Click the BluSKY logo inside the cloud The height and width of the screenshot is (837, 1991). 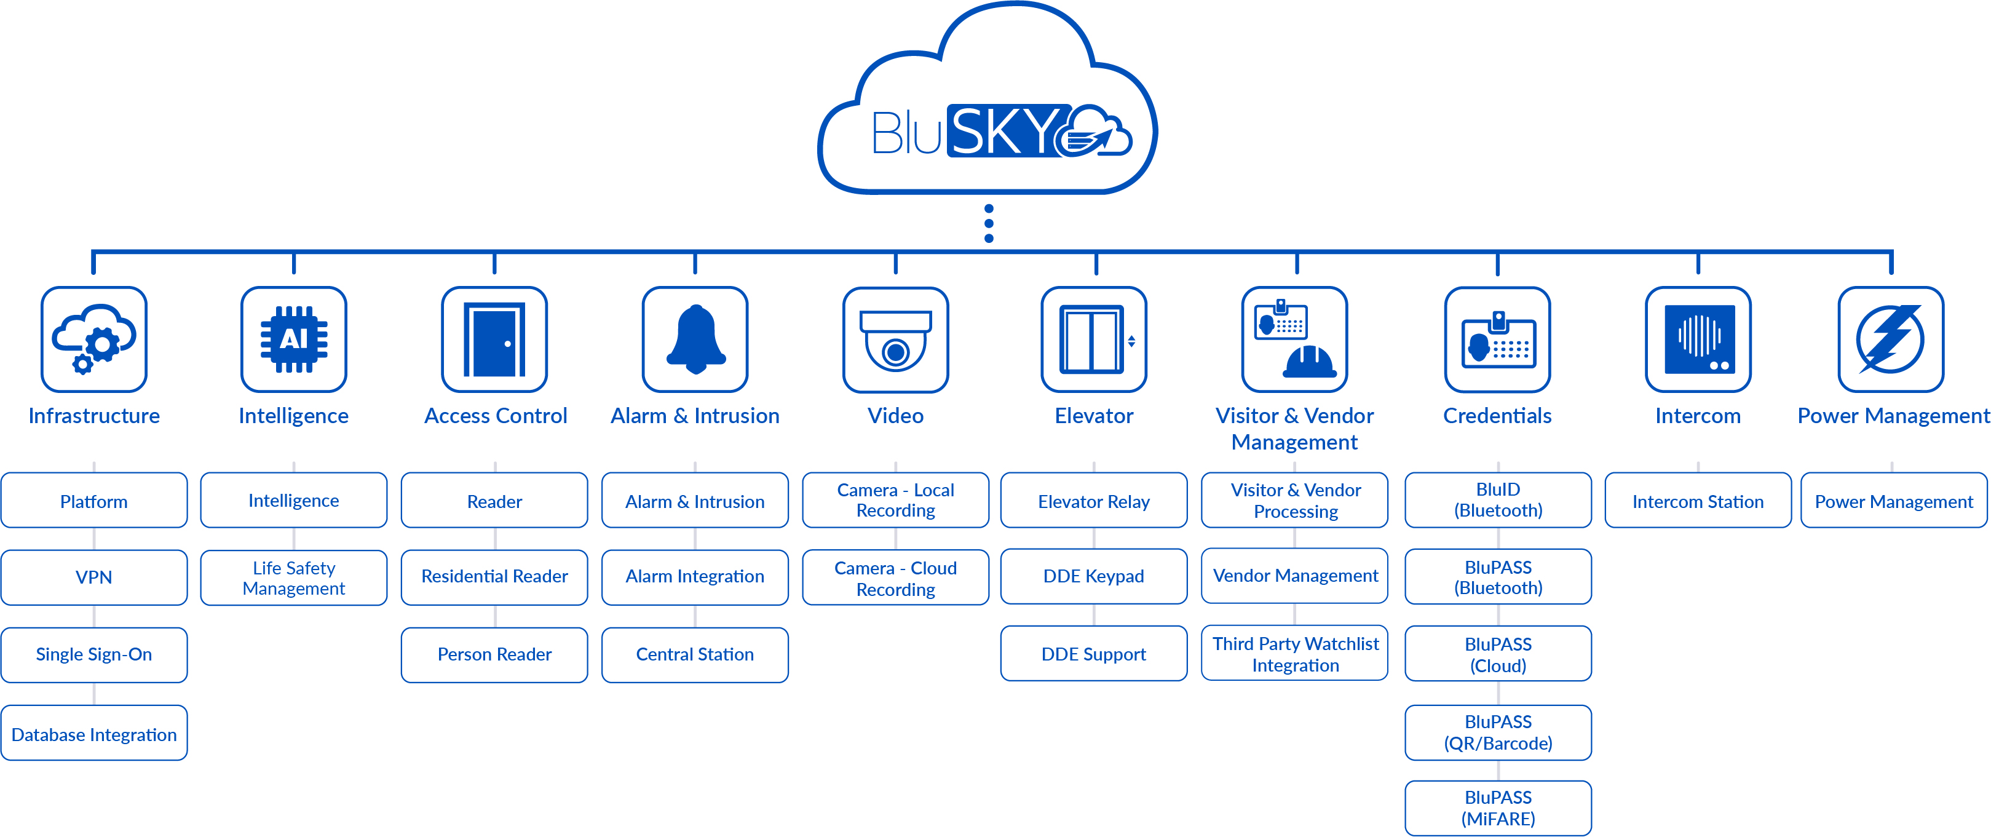[1001, 132]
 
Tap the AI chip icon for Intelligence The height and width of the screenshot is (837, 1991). [294, 339]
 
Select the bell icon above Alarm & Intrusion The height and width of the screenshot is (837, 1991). [695, 339]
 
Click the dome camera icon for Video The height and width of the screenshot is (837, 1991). [895, 339]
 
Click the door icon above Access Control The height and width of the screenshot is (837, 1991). [494, 339]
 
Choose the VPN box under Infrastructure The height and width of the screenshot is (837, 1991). [93, 577]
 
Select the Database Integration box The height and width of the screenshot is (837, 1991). [93, 734]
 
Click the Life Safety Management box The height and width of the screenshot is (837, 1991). [294, 577]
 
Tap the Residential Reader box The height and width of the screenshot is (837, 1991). [494, 576]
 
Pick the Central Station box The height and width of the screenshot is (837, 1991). [695, 654]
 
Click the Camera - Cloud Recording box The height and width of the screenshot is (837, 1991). [895, 578]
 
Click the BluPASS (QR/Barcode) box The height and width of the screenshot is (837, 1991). [1497, 732]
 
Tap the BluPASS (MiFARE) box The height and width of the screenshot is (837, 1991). [1497, 807]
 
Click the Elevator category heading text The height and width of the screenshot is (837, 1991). [1094, 416]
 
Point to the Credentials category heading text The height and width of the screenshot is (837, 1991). [1497, 416]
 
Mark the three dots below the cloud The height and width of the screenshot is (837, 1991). [989, 223]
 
